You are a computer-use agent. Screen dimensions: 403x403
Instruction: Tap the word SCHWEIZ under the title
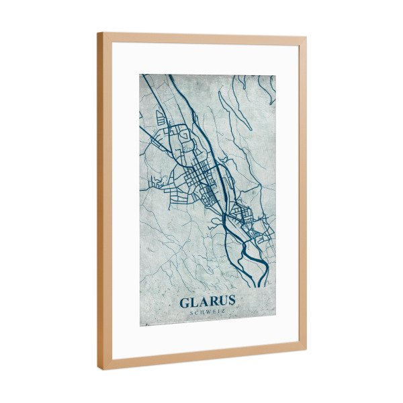pos(208,311)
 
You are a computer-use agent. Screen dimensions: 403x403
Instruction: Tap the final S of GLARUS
pos(231,300)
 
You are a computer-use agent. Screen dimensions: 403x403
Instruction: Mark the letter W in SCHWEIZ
pos(208,311)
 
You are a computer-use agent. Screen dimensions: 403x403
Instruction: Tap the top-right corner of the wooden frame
pos(306,38)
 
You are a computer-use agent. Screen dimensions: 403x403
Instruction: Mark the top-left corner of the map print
pos(140,74)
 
